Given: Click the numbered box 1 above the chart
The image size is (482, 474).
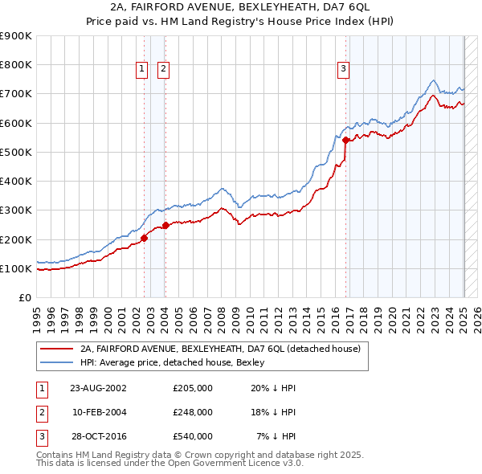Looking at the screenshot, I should tap(141, 70).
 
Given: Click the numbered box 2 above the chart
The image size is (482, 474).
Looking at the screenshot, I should tap(162, 70).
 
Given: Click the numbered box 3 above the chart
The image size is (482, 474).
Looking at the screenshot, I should tap(343, 70).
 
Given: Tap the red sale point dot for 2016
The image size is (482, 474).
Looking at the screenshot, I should tap(345, 141).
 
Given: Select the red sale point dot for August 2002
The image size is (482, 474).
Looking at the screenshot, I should tap(145, 238).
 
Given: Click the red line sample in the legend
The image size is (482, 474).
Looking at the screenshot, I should tap(56, 349).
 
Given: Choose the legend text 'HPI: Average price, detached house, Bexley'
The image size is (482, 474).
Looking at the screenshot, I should tap(178, 363).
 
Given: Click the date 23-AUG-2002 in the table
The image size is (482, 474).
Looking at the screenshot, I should tap(98, 388).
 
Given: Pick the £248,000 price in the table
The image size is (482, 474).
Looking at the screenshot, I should tap(193, 412).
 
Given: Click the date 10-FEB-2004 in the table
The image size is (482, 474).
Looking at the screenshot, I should tap(100, 412).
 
